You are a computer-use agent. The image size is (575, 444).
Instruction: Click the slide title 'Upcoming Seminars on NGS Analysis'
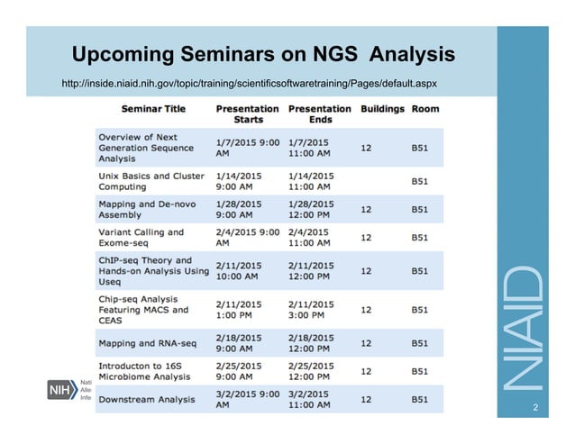pos(262,55)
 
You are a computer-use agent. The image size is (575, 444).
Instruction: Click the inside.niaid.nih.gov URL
pos(249,84)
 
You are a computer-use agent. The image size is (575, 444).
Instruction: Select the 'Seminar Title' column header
pos(153,109)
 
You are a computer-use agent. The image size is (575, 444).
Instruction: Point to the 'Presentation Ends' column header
pos(319,113)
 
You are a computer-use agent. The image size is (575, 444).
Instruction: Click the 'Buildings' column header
pos(382,109)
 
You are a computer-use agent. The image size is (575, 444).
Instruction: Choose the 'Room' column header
pos(425,109)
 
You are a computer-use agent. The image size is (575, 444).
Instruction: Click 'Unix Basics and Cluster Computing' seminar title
pos(147,180)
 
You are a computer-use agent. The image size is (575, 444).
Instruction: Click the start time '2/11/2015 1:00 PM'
pos(240,310)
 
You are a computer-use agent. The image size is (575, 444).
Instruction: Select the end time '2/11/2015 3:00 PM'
pos(312,310)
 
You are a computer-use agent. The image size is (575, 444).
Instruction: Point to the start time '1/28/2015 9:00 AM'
pos(240,209)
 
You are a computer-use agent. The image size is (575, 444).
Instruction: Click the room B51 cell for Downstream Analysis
pos(419,399)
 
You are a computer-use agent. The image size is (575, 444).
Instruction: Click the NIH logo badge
pos(64,389)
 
